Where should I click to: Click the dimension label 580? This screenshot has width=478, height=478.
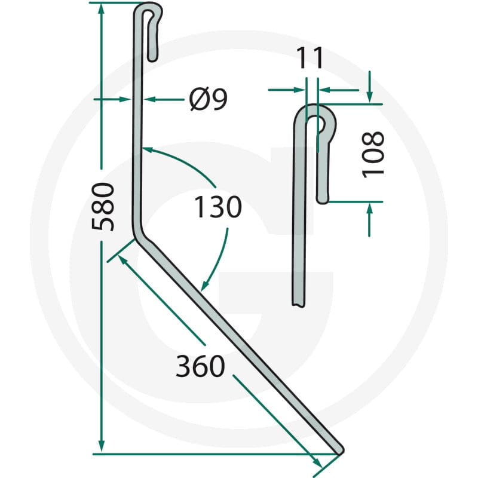pos(103,207)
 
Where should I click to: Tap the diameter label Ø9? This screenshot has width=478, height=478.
pos(208,99)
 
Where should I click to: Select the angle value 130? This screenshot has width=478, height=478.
pos(218,207)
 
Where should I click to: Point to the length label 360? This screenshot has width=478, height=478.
pos(201,366)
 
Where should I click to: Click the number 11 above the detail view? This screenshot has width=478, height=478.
pos(310,57)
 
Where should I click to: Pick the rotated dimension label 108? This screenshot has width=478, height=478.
pos(372,154)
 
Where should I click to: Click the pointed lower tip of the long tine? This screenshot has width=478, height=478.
pos(341,451)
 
